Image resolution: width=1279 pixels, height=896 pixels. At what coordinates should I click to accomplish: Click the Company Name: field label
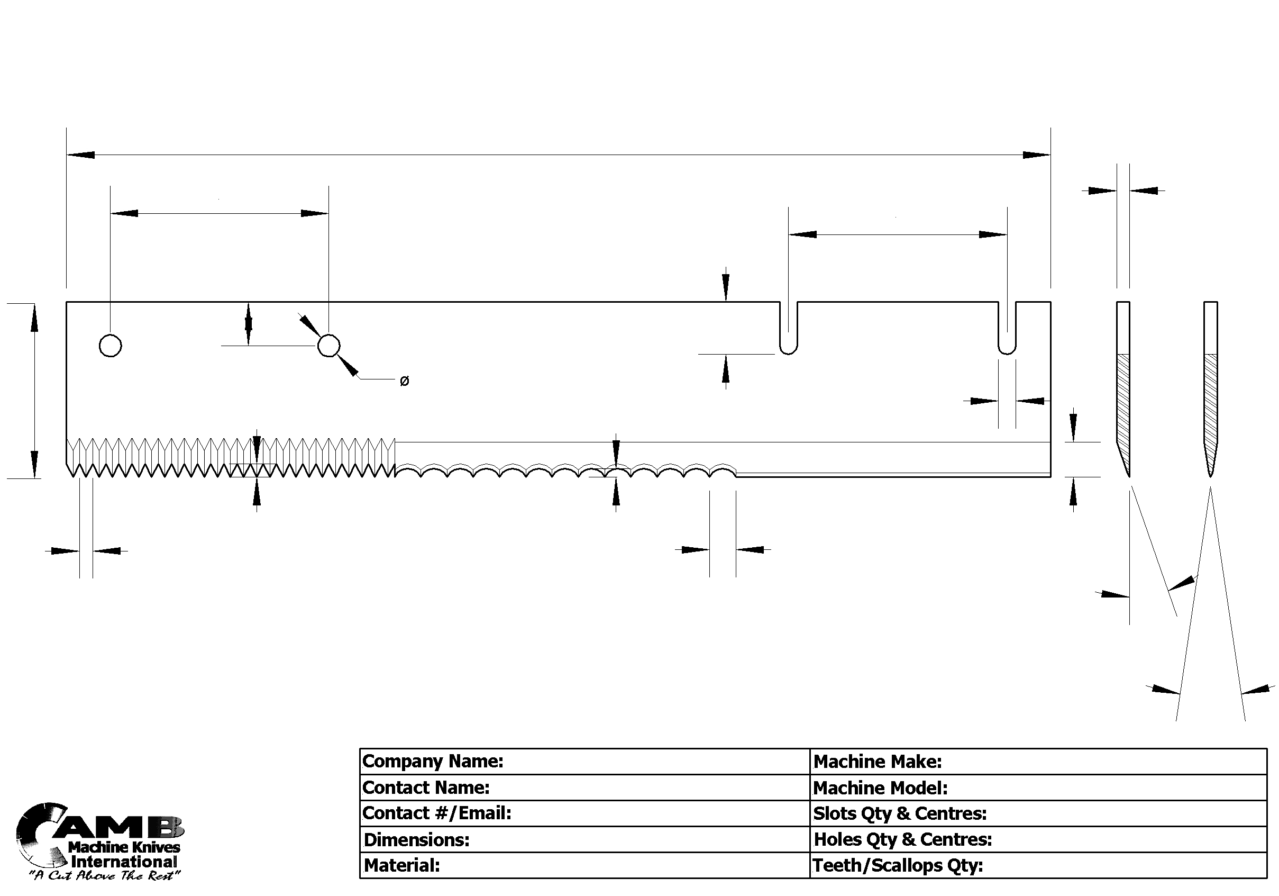pos(432,761)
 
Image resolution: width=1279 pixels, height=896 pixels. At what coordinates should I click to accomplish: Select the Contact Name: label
pos(426,788)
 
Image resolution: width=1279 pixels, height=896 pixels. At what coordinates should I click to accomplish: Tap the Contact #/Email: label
pos(437,813)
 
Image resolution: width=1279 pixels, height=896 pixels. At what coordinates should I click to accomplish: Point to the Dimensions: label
pos(416,839)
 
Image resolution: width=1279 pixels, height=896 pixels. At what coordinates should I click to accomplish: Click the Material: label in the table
pos(401,865)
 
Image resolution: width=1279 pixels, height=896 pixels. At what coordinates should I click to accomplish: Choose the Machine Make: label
pos(878,761)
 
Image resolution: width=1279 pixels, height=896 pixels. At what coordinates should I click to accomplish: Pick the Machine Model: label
pos(880,788)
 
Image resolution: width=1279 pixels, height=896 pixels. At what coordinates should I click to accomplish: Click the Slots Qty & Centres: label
pos(900,813)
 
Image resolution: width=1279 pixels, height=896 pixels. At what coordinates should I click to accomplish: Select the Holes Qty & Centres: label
pos(902,839)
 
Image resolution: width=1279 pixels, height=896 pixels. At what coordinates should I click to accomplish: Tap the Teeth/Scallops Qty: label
pos(898,865)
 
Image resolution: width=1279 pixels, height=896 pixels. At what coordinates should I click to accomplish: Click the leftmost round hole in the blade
pos(111,346)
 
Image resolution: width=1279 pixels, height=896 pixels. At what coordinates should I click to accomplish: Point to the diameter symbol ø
pos(405,381)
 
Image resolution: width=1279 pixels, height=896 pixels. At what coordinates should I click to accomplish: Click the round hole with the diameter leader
pos(328,346)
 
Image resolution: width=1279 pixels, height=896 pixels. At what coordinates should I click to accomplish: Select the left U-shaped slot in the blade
pos(788,329)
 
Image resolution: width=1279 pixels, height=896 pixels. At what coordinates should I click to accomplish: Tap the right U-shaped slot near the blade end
pos(1007,329)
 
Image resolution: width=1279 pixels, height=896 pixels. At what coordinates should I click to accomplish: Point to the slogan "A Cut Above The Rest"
pos(105,875)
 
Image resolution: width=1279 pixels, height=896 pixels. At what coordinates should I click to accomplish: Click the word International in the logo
pos(124,862)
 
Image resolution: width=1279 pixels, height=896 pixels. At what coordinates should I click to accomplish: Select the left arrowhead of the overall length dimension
pos(81,155)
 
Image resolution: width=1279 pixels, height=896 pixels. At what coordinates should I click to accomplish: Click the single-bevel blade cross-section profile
pos(1123,390)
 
